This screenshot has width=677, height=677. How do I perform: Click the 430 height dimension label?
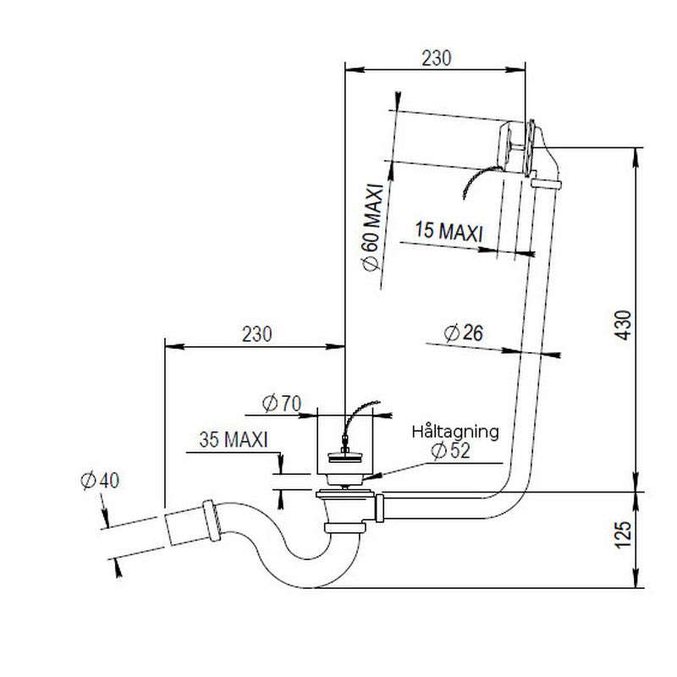[623, 323]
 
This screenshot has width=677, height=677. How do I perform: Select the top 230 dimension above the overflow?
[437, 58]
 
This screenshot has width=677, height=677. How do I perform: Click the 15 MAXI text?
[449, 229]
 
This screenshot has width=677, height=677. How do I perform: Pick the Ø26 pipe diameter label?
[462, 333]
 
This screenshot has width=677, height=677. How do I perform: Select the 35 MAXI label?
[234, 440]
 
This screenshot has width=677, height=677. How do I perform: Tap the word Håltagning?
[455, 431]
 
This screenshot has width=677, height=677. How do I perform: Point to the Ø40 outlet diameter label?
[100, 480]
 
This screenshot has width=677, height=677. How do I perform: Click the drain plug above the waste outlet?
[344, 461]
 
